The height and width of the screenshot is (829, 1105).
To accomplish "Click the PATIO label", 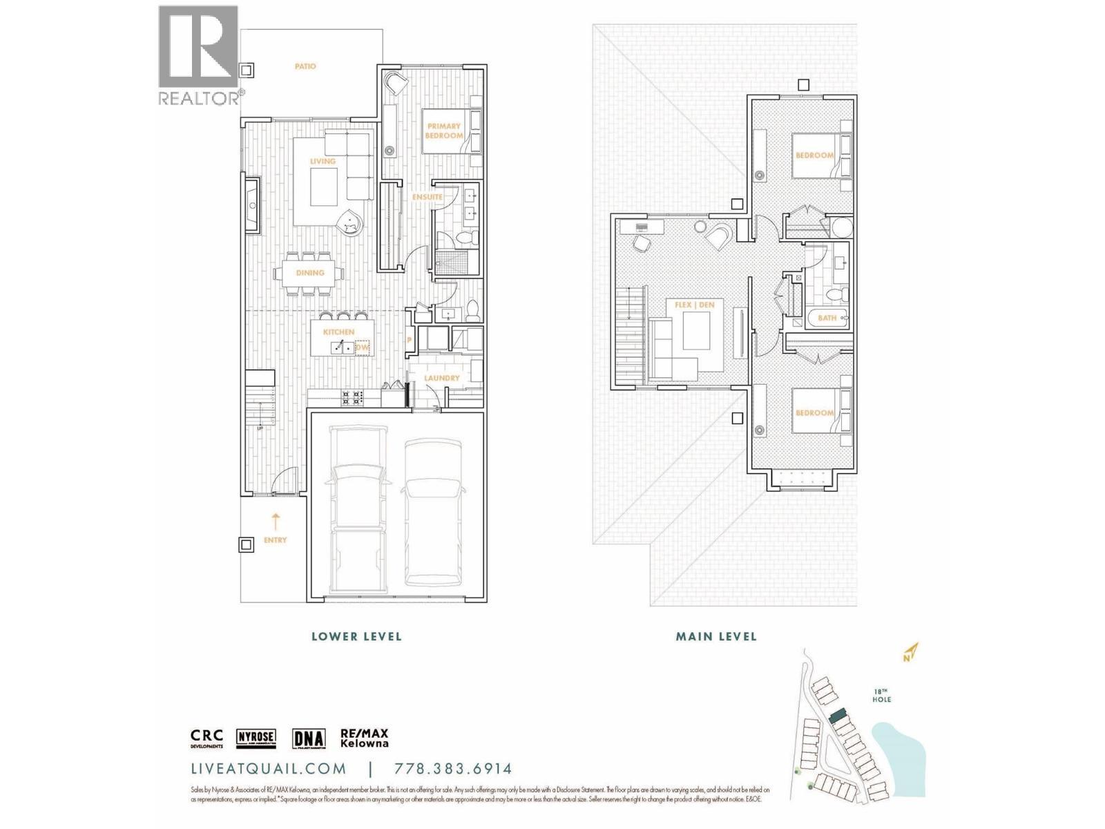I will [x=305, y=66].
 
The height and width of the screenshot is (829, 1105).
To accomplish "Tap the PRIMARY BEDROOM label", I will [x=443, y=131].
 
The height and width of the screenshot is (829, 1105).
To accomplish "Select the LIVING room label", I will [x=323, y=161].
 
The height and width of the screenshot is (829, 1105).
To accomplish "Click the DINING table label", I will [x=310, y=273].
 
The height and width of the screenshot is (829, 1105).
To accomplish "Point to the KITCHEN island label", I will [x=338, y=332].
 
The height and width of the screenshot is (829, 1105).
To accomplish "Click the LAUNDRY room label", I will [x=442, y=379].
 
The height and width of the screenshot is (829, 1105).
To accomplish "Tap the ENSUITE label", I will [x=427, y=197].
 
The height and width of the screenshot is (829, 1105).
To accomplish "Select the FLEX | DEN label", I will [x=695, y=305].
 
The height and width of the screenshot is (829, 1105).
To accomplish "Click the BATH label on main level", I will [x=827, y=318].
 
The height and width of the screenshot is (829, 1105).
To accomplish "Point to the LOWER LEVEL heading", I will [x=356, y=636].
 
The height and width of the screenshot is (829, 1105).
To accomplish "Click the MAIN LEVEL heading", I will [x=716, y=636].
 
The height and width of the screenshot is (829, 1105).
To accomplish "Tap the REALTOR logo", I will [x=199, y=55].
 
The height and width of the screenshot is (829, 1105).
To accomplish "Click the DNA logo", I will [x=309, y=739].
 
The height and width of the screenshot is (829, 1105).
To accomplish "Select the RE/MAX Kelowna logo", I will [x=365, y=739].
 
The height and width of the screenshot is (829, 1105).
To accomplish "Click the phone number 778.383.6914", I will [x=453, y=769].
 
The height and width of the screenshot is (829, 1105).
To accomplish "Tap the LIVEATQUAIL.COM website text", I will [x=269, y=769].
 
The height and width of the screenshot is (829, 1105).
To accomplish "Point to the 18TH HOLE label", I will [x=881, y=696].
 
